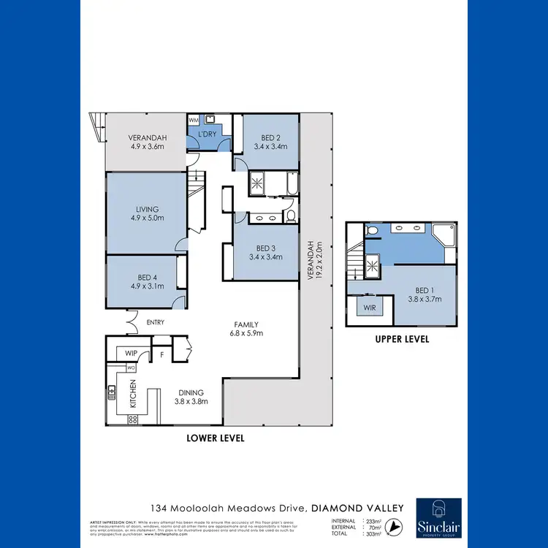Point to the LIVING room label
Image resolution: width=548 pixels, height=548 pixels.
pyautogui.click(x=145, y=213)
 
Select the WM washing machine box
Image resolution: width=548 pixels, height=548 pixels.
pyautogui.click(x=194, y=119)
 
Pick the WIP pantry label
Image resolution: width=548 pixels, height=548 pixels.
pyautogui.click(x=132, y=353)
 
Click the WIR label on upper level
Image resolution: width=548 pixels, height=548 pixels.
pyautogui.click(x=370, y=308)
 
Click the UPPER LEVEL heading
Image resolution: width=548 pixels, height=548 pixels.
pyautogui.click(x=402, y=339)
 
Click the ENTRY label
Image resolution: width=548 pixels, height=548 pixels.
pyautogui.click(x=155, y=322)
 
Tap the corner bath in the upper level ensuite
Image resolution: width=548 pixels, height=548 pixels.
pyautogui.click(x=444, y=235)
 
